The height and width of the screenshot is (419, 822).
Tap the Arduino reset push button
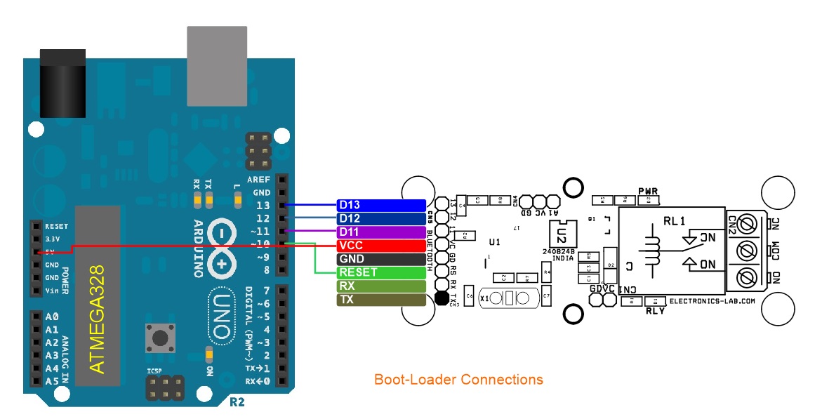coord(160,338)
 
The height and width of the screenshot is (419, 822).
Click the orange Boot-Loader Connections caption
coord(458,380)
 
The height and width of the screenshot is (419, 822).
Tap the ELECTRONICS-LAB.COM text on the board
coord(712,300)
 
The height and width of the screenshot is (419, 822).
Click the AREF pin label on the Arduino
coord(258,180)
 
